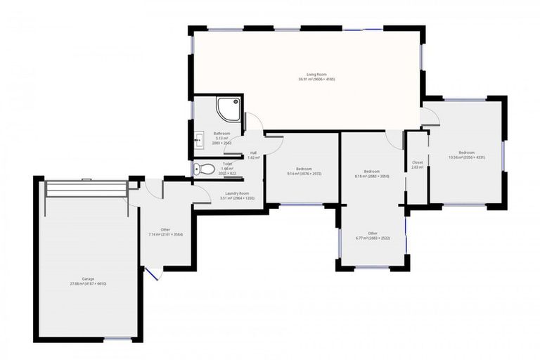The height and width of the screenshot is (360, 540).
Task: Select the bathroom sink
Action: pos(199,137)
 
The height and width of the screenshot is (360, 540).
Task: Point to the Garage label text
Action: pos(88,281)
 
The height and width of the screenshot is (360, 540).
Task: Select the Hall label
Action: pos(253,155)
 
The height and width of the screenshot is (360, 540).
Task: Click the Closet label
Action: pos(417,165)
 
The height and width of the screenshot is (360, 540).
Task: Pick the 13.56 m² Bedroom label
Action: pos(467,155)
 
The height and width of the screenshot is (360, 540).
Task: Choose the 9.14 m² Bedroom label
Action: pos(304,171)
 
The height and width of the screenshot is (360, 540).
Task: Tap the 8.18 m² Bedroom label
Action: pos(372,174)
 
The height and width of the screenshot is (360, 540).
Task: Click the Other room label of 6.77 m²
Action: pos(373,236)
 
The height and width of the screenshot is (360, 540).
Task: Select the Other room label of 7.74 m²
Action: pos(165,232)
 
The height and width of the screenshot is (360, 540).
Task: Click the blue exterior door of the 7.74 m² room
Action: pos(152,273)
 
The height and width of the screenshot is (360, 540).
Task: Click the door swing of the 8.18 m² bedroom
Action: pos(394,139)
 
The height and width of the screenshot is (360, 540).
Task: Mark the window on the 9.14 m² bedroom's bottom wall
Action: pos(301,205)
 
